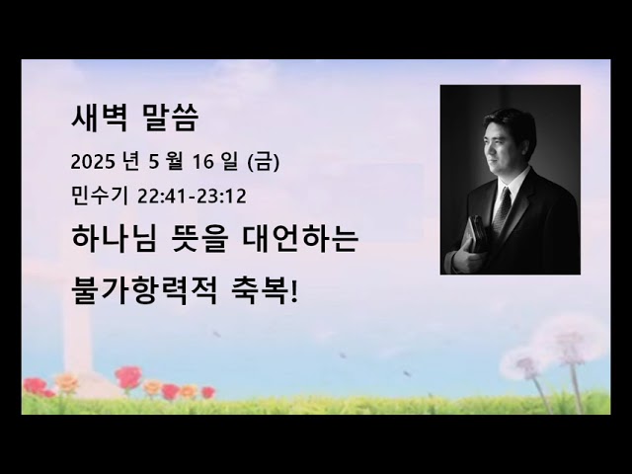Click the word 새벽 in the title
tap(95, 118)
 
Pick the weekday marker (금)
tap(263, 162)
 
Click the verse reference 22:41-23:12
tap(193, 196)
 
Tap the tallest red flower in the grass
tap(128, 376)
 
